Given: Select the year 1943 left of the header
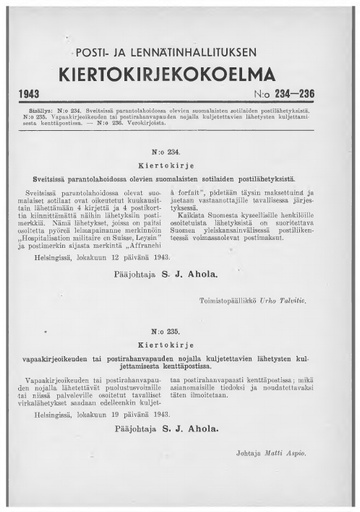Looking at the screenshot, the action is click(x=37, y=95).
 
